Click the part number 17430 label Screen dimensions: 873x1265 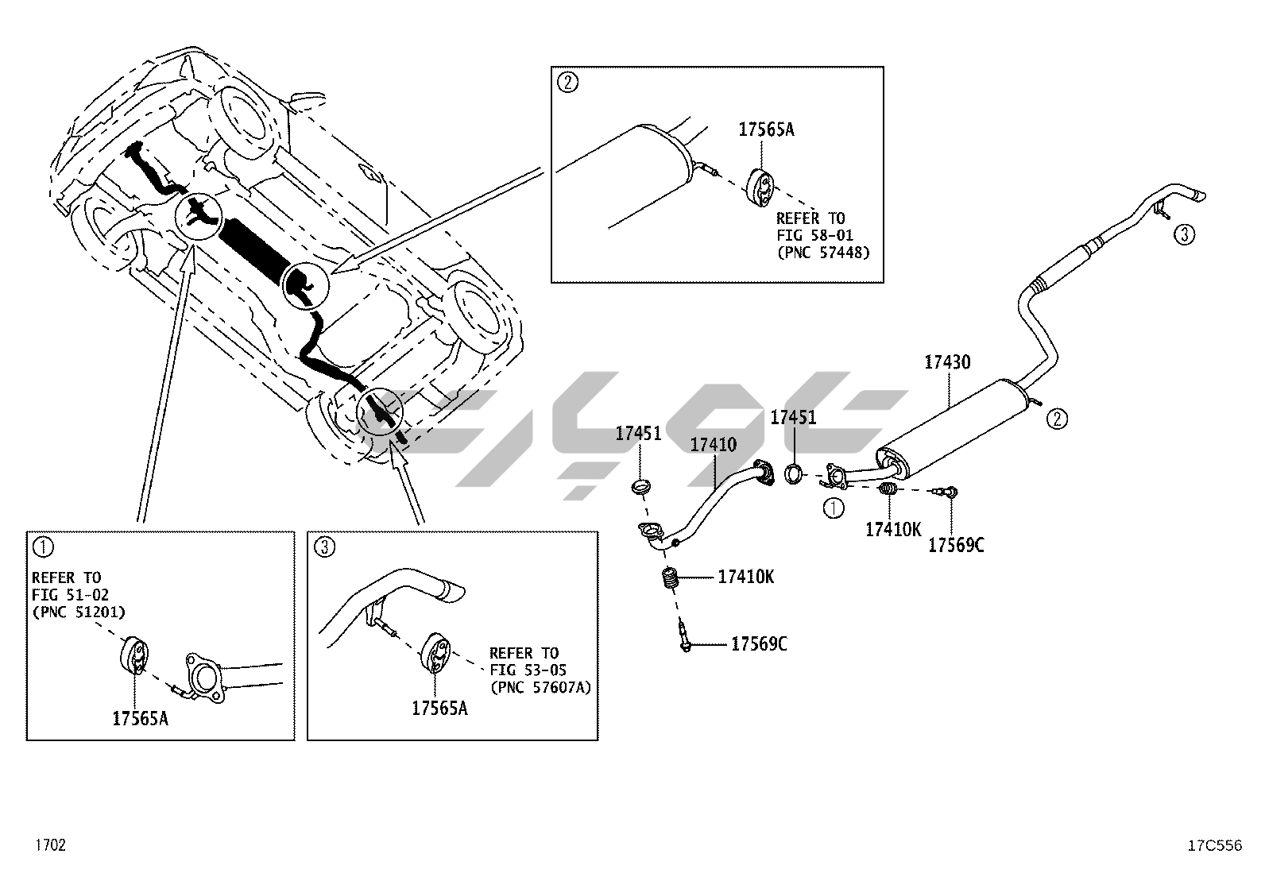click(947, 362)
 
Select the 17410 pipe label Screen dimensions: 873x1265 click(713, 446)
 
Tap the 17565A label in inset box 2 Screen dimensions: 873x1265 click(766, 129)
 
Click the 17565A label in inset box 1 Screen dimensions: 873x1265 click(140, 718)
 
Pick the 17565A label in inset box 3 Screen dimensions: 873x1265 click(439, 708)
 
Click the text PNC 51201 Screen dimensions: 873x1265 click(79, 611)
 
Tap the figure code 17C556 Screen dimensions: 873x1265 click(1213, 845)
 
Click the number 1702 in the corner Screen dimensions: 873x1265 click(49, 845)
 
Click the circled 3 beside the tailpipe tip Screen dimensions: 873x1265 click(1184, 234)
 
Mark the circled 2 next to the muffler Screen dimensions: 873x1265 click(1057, 419)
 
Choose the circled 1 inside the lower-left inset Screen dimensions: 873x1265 click(43, 547)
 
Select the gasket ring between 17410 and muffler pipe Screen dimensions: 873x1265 click(794, 475)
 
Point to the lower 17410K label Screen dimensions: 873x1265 click(745, 577)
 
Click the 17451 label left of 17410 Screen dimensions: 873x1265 click(638, 434)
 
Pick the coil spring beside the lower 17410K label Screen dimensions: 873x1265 click(672, 581)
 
